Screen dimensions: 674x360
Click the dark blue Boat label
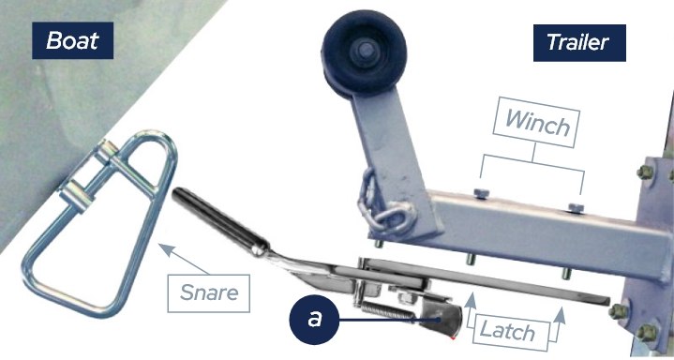pos(72,40)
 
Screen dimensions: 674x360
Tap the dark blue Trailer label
pos(579,42)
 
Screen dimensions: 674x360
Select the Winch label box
pos(537,122)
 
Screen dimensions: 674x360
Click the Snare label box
pos(208,292)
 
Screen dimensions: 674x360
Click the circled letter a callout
pos(314,320)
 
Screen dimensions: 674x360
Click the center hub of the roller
pos(365,51)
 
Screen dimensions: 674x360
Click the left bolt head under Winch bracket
pos(481,194)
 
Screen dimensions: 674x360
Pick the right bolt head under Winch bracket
pos(576,208)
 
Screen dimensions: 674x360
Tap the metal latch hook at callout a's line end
pos(441,319)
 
